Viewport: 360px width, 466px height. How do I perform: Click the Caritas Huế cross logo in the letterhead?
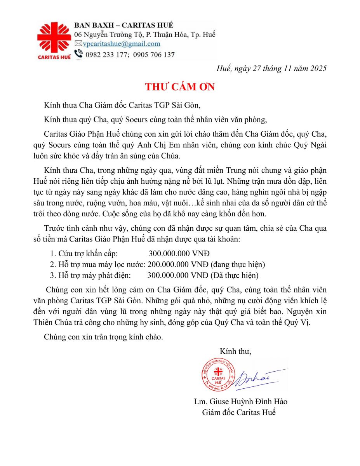(54, 38)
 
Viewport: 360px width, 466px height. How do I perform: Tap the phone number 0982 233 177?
(106, 55)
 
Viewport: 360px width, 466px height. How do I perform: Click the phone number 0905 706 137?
(154, 55)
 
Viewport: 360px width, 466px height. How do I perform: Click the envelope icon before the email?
(78, 44)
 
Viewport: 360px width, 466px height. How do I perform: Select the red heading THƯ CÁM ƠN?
(180, 87)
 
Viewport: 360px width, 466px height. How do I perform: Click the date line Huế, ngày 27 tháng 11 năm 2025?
(271, 68)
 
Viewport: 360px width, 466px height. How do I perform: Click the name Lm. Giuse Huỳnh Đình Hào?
(241, 402)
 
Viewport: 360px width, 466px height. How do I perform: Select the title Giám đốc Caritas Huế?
(239, 412)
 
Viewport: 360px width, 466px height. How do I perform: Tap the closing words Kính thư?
(235, 351)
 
